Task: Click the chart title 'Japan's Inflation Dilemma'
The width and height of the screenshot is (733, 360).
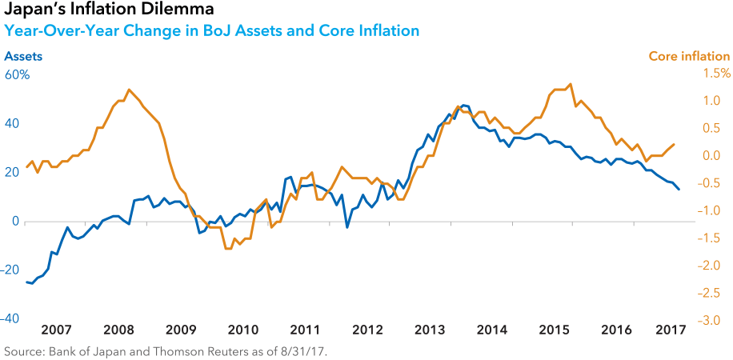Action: click(109, 10)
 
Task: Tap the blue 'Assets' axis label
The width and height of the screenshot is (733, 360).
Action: click(23, 57)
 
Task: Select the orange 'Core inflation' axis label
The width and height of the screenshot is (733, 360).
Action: click(688, 57)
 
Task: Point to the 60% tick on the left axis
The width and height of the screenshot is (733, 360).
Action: click(17, 75)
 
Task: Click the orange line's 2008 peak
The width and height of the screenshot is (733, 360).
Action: click(130, 90)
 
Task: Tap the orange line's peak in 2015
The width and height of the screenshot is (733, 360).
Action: click(570, 84)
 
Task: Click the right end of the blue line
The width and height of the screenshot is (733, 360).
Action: click(679, 190)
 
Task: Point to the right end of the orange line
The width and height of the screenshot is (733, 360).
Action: click(674, 145)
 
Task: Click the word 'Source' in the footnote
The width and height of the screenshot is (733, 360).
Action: click(23, 351)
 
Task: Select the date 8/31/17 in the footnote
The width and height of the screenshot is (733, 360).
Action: click(305, 351)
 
